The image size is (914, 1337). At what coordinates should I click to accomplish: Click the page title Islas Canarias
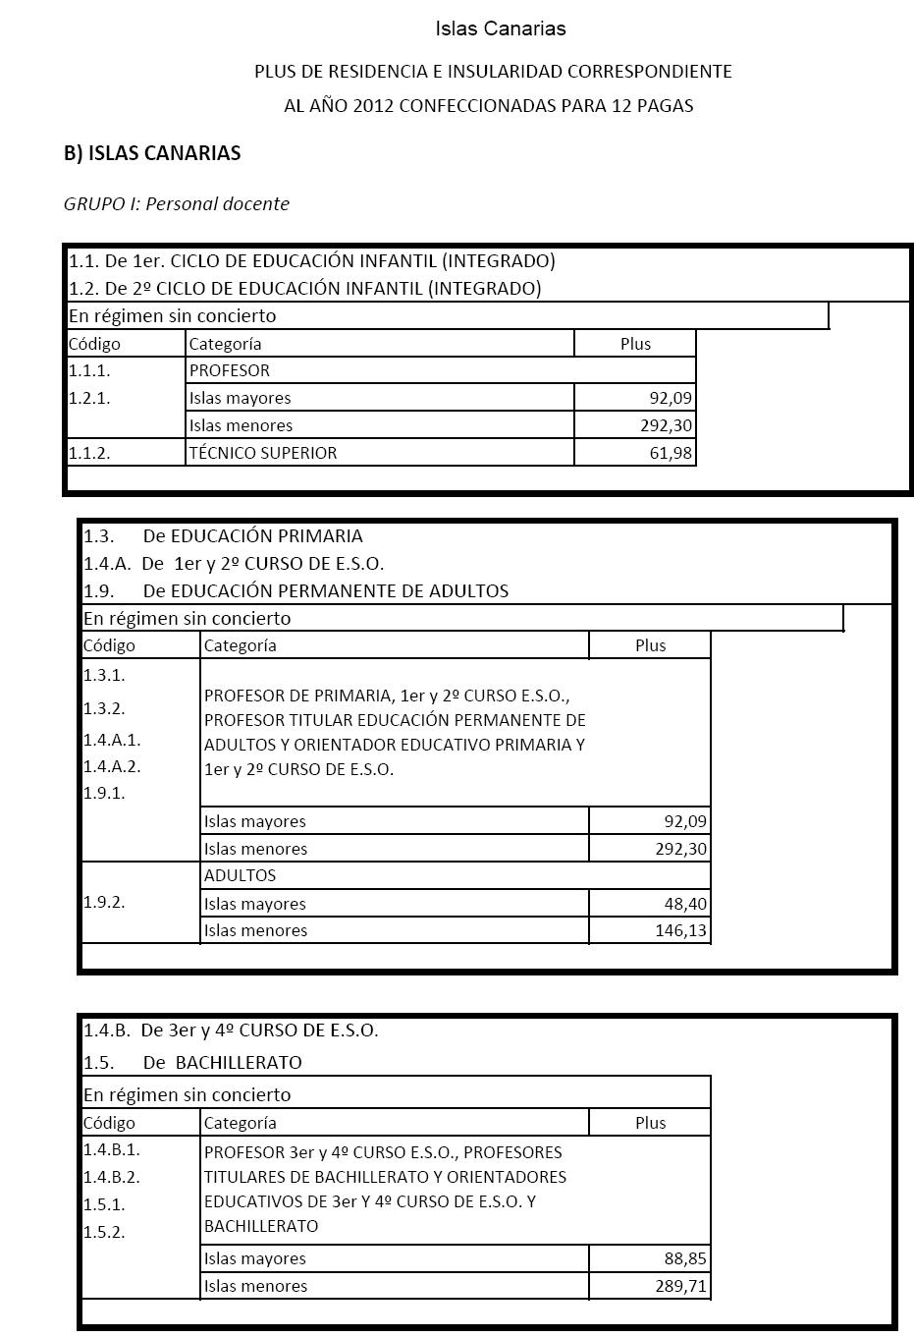coord(501,28)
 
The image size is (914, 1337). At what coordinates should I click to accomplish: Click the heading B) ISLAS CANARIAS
coord(152,153)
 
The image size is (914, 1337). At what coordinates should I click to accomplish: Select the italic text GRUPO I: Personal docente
coord(177,204)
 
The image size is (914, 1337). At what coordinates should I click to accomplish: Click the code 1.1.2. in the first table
coord(89,453)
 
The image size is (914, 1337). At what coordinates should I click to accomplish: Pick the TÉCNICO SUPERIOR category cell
coord(263,453)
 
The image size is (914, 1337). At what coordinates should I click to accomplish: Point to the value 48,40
coord(685,904)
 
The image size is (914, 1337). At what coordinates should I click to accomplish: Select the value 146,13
coord(680,930)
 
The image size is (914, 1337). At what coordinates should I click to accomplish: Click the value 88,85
coord(685,1258)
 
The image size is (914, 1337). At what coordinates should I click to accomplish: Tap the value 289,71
coord(680,1286)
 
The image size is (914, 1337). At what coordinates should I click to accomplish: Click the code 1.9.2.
coord(104,902)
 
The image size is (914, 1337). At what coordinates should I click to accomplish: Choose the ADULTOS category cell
coord(240,875)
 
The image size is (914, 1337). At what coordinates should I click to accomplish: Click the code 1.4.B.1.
coord(112,1149)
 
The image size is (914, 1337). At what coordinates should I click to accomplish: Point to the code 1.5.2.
coord(104,1232)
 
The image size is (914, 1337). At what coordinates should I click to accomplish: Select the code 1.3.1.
coord(104,675)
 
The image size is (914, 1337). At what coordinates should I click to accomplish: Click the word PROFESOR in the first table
coord(229,370)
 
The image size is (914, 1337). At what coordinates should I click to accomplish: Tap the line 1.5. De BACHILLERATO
coord(192,1062)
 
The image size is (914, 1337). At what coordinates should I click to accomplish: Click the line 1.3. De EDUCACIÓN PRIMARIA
coord(223,536)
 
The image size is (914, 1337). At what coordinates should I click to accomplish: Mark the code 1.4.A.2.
coord(112,766)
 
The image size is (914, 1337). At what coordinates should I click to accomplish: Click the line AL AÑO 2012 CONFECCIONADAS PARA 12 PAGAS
coord(489,106)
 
